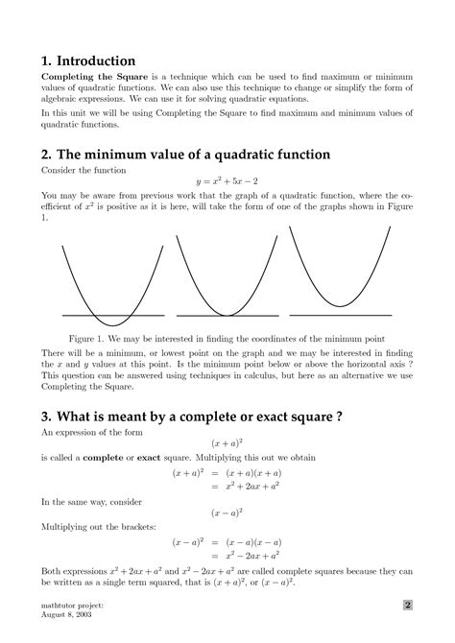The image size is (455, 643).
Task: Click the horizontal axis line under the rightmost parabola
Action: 341,313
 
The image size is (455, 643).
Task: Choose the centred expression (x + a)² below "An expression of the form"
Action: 227,444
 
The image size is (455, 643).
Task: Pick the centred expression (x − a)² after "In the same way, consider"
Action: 227,513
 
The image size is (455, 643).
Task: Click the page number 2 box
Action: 407,606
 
